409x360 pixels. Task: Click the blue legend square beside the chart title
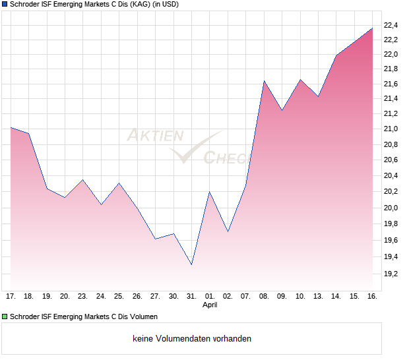[x=5, y=5]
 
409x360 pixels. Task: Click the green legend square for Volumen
[x=5, y=317]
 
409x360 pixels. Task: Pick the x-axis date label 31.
[x=191, y=297]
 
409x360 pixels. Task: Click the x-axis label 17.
[x=11, y=297]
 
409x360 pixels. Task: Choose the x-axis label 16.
[x=372, y=297]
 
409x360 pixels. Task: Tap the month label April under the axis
[x=210, y=305]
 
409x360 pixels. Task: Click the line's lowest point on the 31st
[x=191, y=264]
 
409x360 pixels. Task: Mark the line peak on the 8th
[x=264, y=81]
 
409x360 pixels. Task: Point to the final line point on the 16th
[x=372, y=28]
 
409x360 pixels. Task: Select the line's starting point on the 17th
[x=11, y=127]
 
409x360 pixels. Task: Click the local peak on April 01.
[x=210, y=192]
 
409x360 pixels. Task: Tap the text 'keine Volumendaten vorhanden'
[x=192, y=339]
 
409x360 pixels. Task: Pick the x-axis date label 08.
[x=264, y=297]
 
